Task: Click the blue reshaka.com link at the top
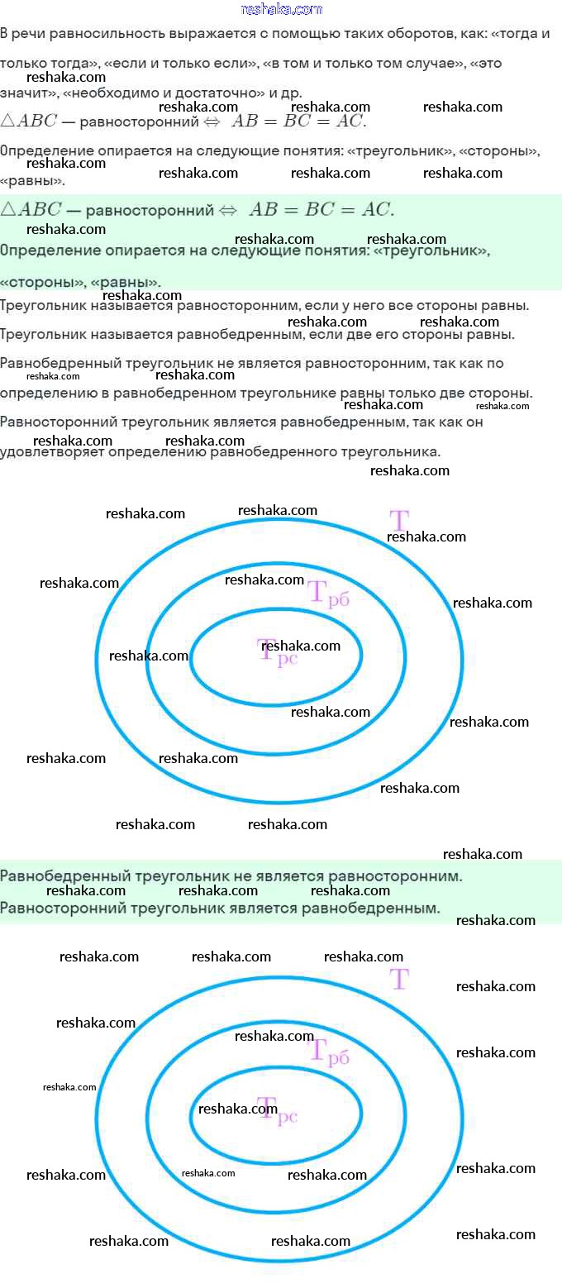281,9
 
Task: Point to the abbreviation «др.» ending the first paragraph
292,92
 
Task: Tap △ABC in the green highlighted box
30,210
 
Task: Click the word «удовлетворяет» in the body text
45,452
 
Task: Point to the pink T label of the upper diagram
399,521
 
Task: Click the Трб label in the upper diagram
329,594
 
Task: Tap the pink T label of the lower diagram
399,979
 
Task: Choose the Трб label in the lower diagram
329,1052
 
